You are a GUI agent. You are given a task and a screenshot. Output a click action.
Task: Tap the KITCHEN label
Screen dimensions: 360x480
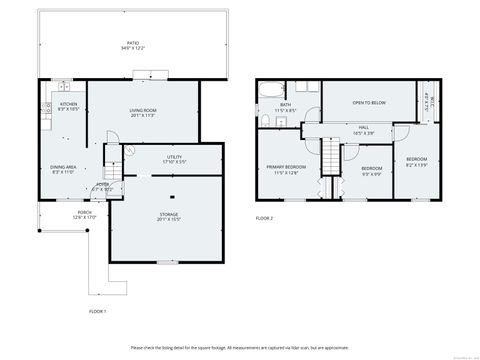pyautogui.click(x=68, y=103)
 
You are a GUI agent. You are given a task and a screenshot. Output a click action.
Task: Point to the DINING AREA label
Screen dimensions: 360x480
pyautogui.click(x=63, y=167)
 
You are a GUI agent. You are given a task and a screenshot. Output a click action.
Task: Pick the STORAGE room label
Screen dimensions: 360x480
pyautogui.click(x=168, y=213)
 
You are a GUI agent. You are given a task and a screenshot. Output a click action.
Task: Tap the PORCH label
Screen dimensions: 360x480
pyautogui.click(x=84, y=212)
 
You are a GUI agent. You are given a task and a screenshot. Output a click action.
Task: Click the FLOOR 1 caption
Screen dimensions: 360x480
pyautogui.click(x=97, y=312)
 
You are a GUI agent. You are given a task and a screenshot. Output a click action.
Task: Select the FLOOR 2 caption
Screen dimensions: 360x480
pyautogui.click(x=264, y=217)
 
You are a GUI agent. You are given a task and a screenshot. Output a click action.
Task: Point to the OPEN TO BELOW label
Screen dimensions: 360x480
pyautogui.click(x=367, y=101)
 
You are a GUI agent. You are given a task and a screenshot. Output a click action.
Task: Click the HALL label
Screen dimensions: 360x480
pyautogui.click(x=364, y=127)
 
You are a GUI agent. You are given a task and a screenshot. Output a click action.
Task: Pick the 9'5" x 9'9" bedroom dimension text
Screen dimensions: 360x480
pyautogui.click(x=370, y=173)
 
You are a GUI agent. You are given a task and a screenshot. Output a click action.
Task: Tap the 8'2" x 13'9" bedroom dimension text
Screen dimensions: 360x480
pyautogui.click(x=416, y=164)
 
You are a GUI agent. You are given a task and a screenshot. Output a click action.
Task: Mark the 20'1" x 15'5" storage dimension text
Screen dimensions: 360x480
pyautogui.click(x=168, y=219)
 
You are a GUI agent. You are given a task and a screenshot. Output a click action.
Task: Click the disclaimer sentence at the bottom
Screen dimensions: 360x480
pyautogui.click(x=240, y=347)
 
